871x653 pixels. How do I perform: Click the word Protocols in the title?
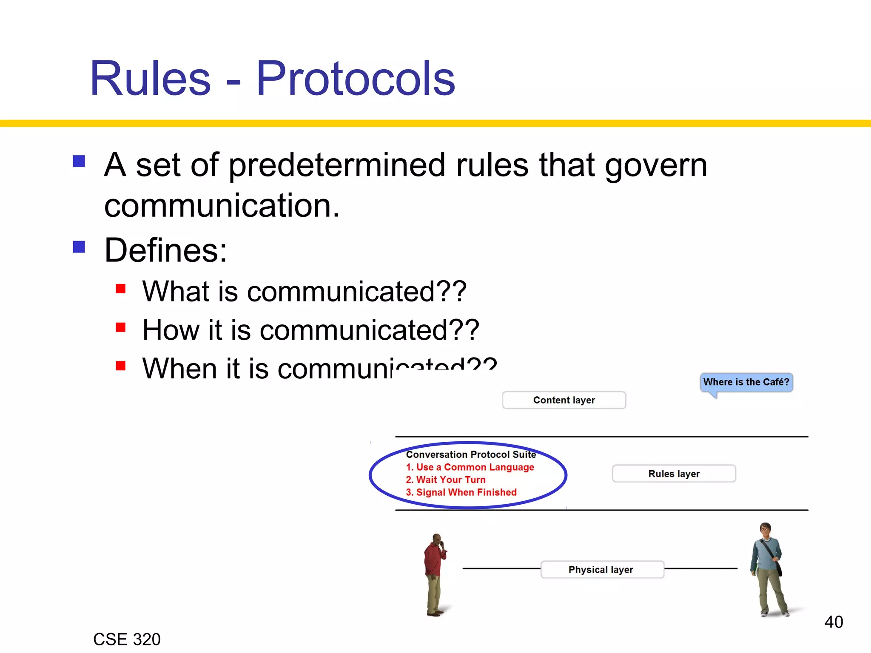pyautogui.click(x=356, y=79)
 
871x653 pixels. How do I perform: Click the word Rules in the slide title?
pyautogui.click(x=150, y=79)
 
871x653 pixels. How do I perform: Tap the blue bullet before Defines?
pyautogui.click(x=79, y=247)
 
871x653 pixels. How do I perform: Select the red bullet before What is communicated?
pyautogui.click(x=121, y=289)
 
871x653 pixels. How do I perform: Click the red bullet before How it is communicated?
pyautogui.click(x=121, y=327)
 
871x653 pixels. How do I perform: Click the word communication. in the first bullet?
pyautogui.click(x=222, y=206)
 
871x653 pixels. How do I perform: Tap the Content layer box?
pyautogui.click(x=564, y=400)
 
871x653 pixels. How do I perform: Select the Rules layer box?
pyautogui.click(x=674, y=474)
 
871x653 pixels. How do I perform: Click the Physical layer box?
pyautogui.click(x=601, y=570)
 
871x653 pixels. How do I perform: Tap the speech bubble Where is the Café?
pyautogui.click(x=746, y=382)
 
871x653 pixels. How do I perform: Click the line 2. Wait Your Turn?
pyautogui.click(x=446, y=480)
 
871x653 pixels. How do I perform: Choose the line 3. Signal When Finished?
pyautogui.click(x=461, y=492)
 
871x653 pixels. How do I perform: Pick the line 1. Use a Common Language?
pyautogui.click(x=470, y=467)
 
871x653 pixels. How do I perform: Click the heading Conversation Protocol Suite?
pyautogui.click(x=471, y=454)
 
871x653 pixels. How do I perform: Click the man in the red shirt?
pyautogui.click(x=435, y=574)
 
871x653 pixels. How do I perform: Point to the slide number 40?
pyautogui.click(x=834, y=622)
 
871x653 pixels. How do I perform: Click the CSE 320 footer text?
pyautogui.click(x=127, y=639)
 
